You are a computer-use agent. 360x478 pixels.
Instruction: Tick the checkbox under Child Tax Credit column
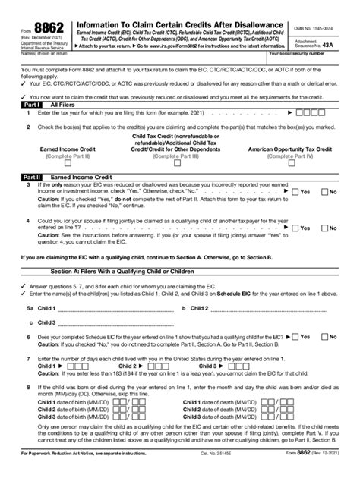pyautogui.click(x=180, y=162)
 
